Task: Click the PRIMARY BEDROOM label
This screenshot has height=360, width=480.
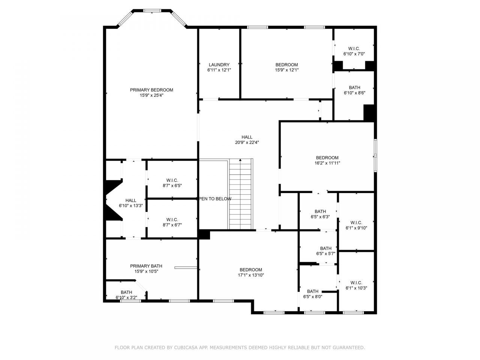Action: (x=151, y=90)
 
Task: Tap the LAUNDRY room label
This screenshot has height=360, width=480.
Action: (x=219, y=65)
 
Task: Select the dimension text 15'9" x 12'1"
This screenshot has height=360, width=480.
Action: (x=286, y=70)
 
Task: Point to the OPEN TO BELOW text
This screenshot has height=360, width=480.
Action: (x=215, y=199)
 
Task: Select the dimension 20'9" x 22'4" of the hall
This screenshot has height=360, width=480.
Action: (x=247, y=142)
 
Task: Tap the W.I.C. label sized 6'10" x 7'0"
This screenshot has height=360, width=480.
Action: (x=354, y=49)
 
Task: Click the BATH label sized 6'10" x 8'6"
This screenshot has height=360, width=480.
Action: (x=354, y=88)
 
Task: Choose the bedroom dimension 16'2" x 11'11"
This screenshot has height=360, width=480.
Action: (x=327, y=163)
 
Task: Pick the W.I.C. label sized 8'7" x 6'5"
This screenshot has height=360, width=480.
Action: (x=172, y=180)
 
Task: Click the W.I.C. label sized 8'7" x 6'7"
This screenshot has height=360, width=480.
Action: (x=172, y=220)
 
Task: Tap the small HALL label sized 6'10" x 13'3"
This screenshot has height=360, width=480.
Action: (x=131, y=201)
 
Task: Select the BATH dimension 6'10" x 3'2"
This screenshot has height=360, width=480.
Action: (x=126, y=297)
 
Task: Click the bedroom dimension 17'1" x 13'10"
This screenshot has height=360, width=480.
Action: (x=251, y=275)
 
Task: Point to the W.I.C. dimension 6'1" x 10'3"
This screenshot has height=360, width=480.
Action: (x=356, y=288)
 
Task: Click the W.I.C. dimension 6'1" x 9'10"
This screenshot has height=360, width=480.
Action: (x=356, y=228)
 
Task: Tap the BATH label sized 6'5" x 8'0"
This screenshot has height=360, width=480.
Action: (x=313, y=291)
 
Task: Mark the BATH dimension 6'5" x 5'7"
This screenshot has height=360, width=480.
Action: (x=326, y=253)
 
